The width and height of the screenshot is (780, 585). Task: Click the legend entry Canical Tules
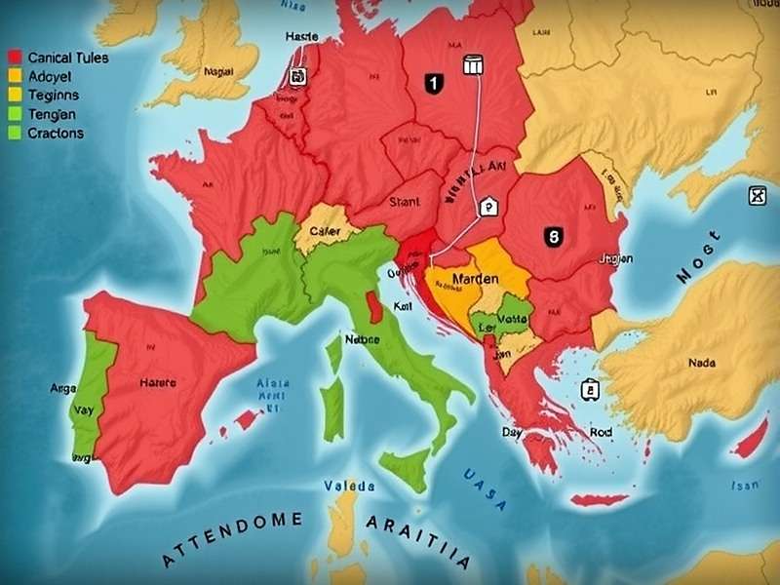click(68, 58)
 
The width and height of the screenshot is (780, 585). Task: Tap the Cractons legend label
click(57, 134)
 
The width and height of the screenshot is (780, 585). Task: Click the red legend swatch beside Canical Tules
click(15, 58)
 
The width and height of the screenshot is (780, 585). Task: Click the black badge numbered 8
click(552, 235)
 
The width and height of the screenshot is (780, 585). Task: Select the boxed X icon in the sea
click(757, 196)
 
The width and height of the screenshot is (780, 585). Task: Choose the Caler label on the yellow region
click(324, 232)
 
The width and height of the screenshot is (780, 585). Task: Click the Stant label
click(404, 203)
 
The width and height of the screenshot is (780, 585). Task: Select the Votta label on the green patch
click(511, 318)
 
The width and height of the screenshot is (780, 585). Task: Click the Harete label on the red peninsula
click(158, 383)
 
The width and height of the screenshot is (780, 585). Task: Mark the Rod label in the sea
click(601, 433)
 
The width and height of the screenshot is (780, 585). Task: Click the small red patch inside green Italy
click(373, 307)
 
